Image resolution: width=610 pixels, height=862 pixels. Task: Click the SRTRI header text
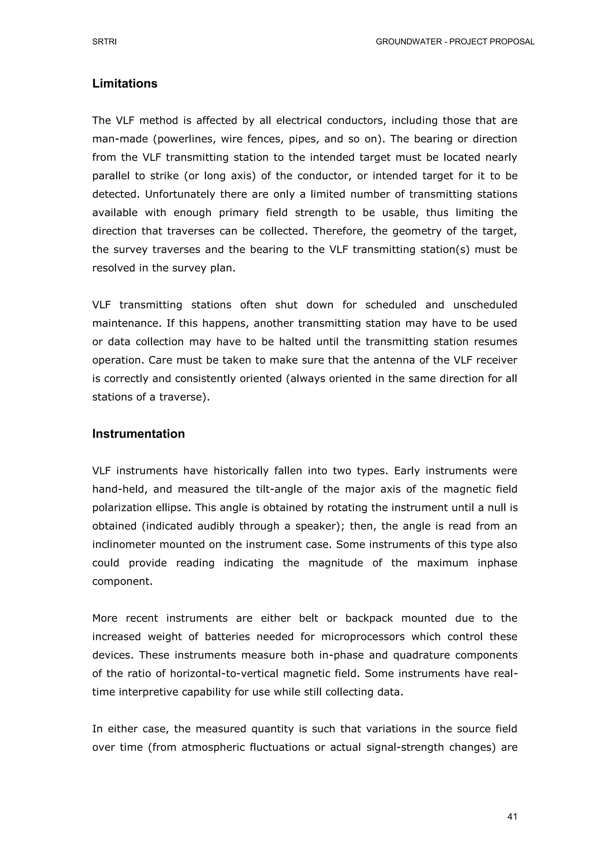[105, 42]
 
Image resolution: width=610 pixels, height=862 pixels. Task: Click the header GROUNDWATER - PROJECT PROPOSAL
[455, 42]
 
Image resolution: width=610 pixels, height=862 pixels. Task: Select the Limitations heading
[125, 83]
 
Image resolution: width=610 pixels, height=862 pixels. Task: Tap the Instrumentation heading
[138, 434]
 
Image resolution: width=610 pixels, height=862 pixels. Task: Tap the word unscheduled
[485, 305]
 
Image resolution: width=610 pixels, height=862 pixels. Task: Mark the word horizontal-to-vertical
[224, 674]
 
